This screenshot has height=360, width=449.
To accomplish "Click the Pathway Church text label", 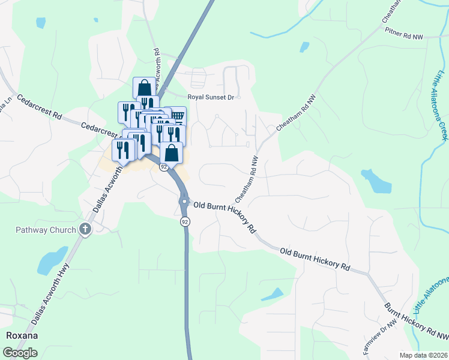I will click(x=46, y=230).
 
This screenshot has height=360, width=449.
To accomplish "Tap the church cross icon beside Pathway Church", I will click(x=85, y=229).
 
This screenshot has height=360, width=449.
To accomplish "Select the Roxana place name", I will click(x=22, y=335).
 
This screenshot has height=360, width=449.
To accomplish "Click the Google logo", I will click(x=20, y=353).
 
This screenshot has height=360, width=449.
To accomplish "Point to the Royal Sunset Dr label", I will click(x=214, y=97).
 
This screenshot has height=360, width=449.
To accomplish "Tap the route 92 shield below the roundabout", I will click(x=185, y=222).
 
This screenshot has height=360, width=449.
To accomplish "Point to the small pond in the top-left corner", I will click(x=40, y=23).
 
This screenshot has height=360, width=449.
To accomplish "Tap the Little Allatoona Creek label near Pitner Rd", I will click(x=441, y=104).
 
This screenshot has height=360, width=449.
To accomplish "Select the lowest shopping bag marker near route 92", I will click(x=171, y=152).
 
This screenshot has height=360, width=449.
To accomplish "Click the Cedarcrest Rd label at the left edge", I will click(x=40, y=106).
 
